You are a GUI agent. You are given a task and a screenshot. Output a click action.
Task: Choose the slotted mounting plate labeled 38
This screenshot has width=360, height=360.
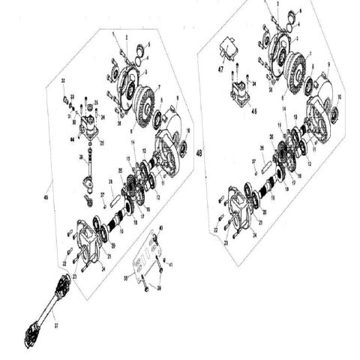click(142, 259)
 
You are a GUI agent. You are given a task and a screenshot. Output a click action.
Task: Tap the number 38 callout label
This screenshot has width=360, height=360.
click(126, 277)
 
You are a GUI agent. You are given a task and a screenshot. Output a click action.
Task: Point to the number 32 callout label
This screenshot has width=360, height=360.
click(63, 80)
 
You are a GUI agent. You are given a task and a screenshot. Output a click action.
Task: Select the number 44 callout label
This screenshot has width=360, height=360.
click(73, 139)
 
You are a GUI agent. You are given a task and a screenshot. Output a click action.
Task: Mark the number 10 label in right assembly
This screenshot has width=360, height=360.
click(339, 97)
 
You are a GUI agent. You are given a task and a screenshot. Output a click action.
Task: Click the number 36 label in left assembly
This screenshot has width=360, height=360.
click(110, 181)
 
